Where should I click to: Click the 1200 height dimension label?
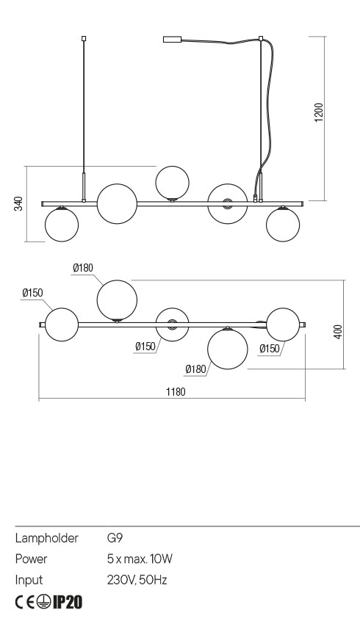pyautogui.click(x=320, y=112)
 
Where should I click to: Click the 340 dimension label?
pyautogui.click(x=18, y=203)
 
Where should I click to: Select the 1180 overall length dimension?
pyautogui.click(x=176, y=392)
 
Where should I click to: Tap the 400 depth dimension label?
pyautogui.click(x=338, y=332)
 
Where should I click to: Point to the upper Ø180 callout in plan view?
pyautogui.click(x=83, y=268)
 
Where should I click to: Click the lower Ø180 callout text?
pyautogui.click(x=195, y=369)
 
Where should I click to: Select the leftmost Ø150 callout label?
pyautogui.click(x=32, y=293)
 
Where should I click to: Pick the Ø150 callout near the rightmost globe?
pyautogui.click(x=270, y=349)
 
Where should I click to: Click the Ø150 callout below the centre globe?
pyautogui.click(x=145, y=347)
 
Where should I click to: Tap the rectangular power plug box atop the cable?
pyautogui.click(x=173, y=40)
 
